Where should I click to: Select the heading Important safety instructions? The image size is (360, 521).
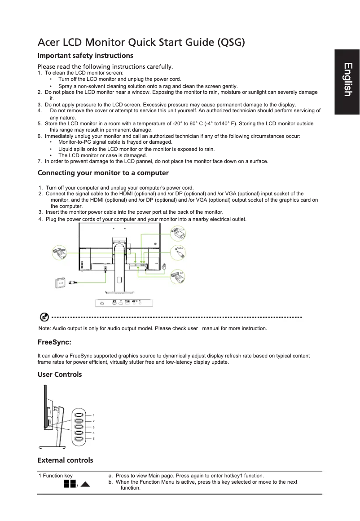(85, 56)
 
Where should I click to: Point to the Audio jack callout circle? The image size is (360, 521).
(178, 253)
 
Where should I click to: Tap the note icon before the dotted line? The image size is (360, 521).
(44, 318)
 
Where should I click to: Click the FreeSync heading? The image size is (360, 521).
(54, 343)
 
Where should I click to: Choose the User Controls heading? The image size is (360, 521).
(60, 374)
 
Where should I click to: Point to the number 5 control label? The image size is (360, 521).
(93, 438)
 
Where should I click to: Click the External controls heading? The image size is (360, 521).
(66, 460)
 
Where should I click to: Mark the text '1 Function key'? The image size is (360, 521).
(56, 476)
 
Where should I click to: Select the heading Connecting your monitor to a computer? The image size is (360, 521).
(103, 173)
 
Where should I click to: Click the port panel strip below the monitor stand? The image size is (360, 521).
(123, 303)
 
